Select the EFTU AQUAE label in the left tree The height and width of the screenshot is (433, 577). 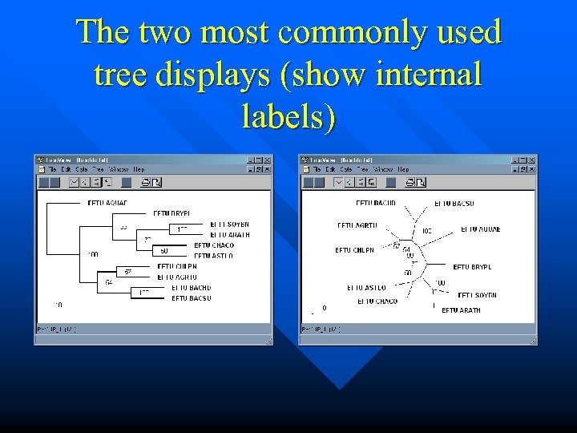pos(107,203)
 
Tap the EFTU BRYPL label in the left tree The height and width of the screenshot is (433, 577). pos(171,214)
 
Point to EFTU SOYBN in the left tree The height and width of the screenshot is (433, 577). pos(229,225)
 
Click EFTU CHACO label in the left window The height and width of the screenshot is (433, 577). pos(214,245)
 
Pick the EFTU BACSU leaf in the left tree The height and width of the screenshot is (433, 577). pos(192,298)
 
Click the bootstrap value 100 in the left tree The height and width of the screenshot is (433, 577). pos(94,255)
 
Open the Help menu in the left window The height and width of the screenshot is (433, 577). pos(139,170)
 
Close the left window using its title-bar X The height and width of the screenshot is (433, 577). pos(267,160)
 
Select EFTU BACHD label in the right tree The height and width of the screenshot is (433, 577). pos(376,204)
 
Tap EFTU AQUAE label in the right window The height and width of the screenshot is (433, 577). pos(480,229)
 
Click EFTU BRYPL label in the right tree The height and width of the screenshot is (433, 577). pos(472,267)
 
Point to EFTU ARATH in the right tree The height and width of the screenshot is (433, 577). pos(461,310)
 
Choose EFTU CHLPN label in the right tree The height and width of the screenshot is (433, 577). pos(355,250)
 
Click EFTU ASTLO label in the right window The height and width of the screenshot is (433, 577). pos(366,287)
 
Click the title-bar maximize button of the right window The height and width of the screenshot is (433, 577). pos(523,160)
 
